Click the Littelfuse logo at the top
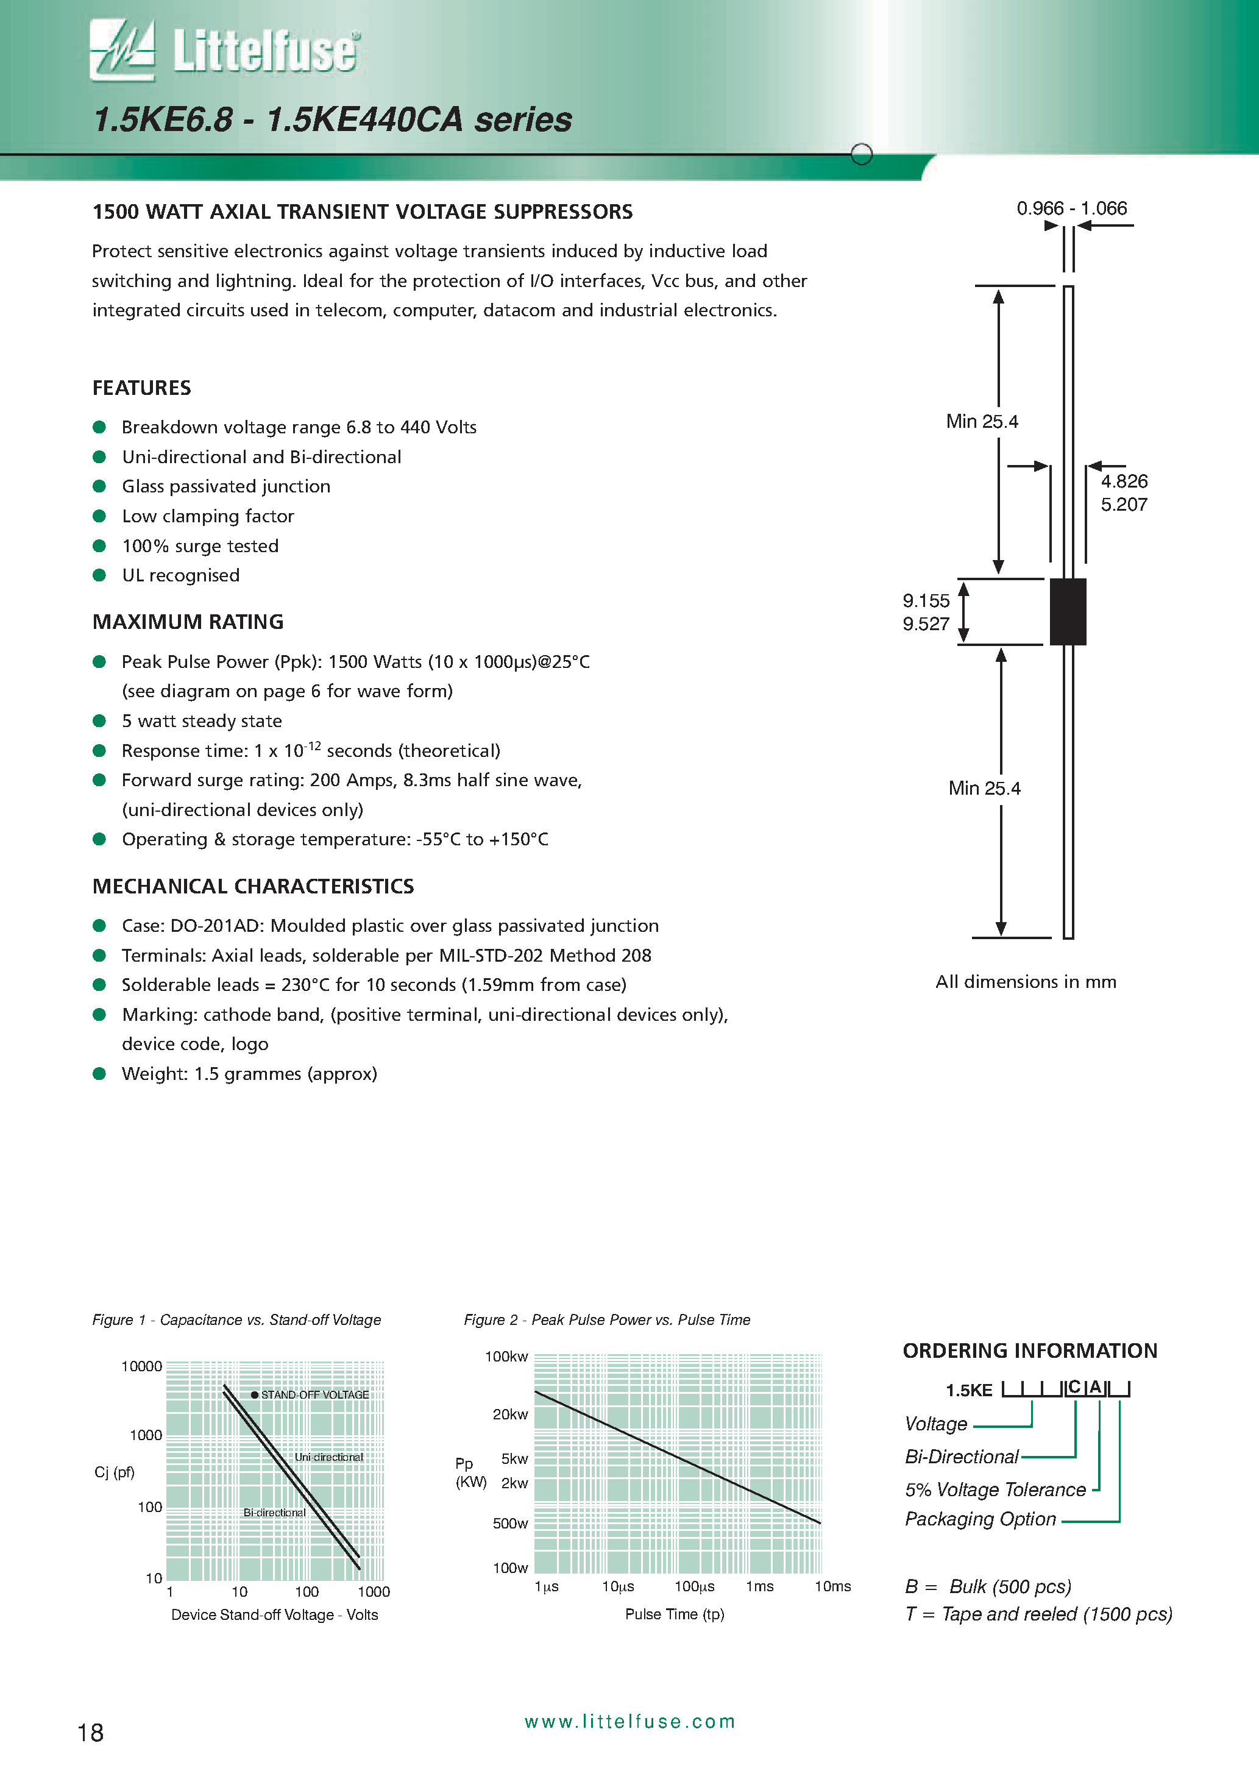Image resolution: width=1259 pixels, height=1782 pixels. pyautogui.click(x=225, y=51)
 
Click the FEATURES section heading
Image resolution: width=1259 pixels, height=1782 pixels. pyautogui.click(x=141, y=388)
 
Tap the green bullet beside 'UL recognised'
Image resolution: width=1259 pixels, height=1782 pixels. pyautogui.click(x=99, y=575)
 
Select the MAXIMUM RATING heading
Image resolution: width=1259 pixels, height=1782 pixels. pyautogui.click(x=188, y=622)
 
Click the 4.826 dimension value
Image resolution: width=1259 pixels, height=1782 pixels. pyautogui.click(x=1123, y=481)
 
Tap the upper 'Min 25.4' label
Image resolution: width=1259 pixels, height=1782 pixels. pyautogui.click(x=981, y=422)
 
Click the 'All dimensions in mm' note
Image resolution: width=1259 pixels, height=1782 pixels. pyautogui.click(x=1026, y=982)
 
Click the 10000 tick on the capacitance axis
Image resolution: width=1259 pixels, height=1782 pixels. pyautogui.click(x=141, y=1366)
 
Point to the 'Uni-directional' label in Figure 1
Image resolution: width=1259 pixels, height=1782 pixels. pyautogui.click(x=328, y=1457)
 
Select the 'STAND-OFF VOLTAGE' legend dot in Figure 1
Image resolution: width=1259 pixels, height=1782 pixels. pyautogui.click(x=255, y=1395)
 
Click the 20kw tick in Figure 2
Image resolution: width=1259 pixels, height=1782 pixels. pyautogui.click(x=510, y=1414)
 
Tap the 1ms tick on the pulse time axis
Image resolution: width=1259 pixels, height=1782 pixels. pyautogui.click(x=759, y=1586)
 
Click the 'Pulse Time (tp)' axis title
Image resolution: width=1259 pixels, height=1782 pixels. pyautogui.click(x=675, y=1614)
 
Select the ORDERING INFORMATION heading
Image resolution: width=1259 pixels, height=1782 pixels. pyautogui.click(x=1029, y=1351)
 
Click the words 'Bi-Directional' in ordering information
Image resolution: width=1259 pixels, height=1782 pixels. pyautogui.click(x=961, y=1457)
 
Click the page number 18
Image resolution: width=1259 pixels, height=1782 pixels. pyautogui.click(x=90, y=1732)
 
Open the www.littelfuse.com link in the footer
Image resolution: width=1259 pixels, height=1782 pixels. pyautogui.click(x=629, y=1722)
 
